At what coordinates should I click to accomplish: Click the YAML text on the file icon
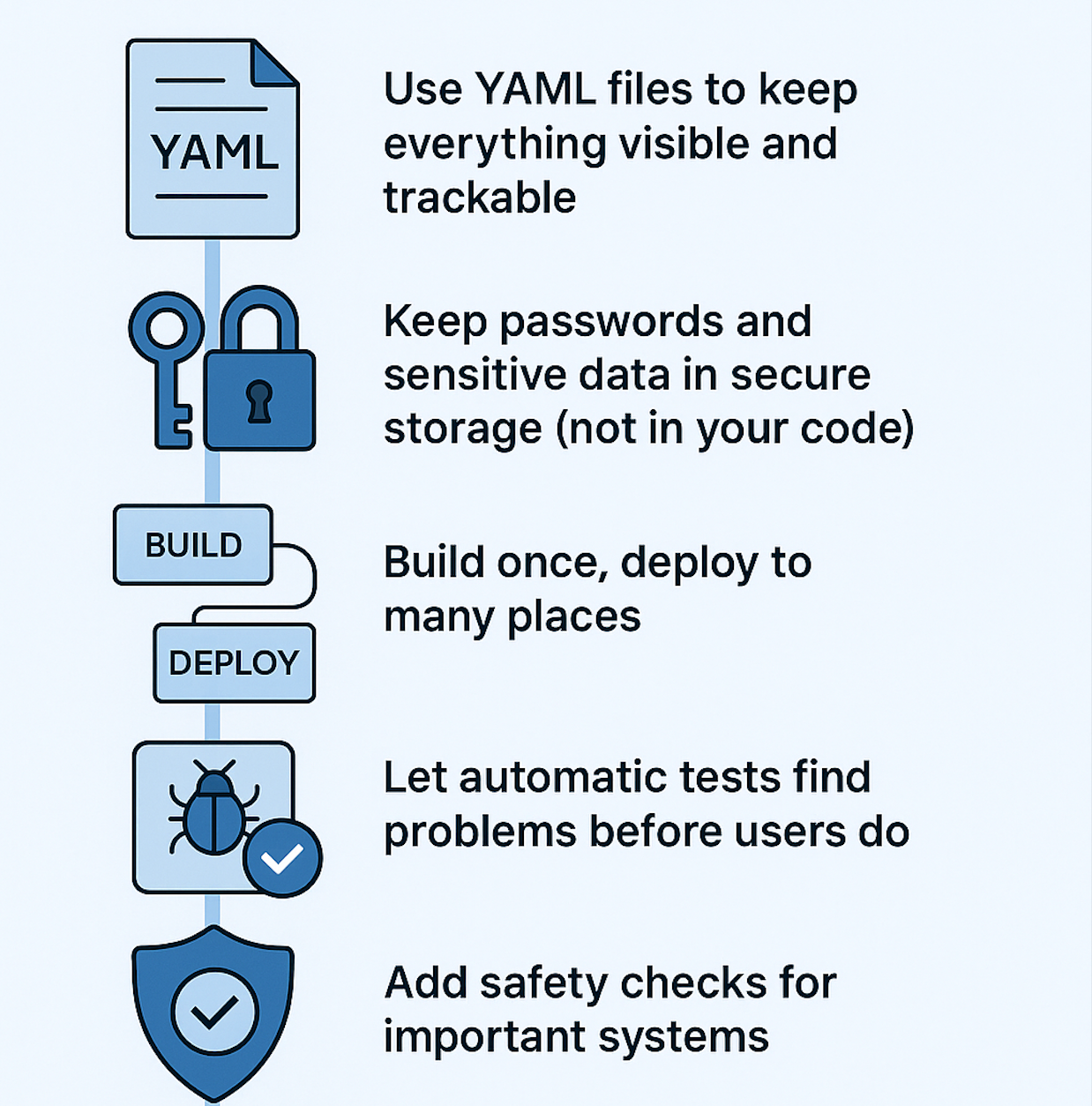(x=214, y=153)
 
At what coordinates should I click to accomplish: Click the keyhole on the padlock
(x=259, y=401)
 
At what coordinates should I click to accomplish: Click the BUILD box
(x=193, y=545)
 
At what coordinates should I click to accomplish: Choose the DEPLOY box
(x=234, y=663)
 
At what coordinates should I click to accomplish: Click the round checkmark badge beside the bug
(x=282, y=858)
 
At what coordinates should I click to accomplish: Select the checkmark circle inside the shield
(x=215, y=1012)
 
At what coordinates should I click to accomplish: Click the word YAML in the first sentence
(x=535, y=89)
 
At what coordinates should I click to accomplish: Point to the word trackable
(x=479, y=198)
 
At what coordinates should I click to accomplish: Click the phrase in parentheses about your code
(x=735, y=429)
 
